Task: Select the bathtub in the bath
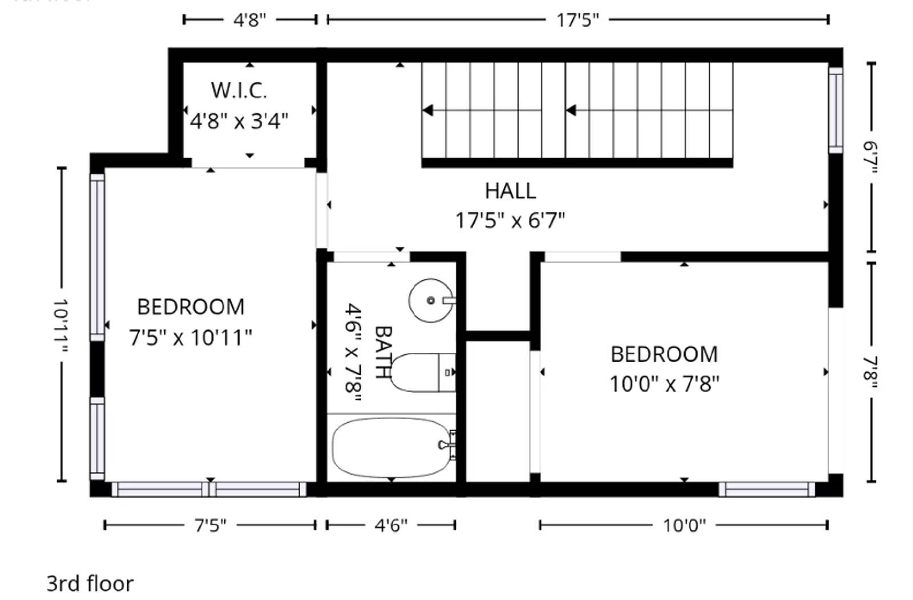click(391, 448)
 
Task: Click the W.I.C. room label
click(239, 90)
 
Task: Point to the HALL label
click(510, 190)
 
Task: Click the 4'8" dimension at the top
click(249, 20)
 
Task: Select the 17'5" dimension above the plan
click(577, 20)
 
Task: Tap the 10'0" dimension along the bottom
click(684, 525)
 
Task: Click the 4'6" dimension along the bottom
click(390, 525)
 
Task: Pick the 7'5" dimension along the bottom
click(210, 525)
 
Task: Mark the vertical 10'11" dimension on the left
click(61, 325)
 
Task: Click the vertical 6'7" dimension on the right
click(871, 157)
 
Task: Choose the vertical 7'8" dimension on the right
click(871, 372)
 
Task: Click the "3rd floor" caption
click(90, 583)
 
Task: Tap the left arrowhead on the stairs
click(428, 110)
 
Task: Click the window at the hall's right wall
click(835, 110)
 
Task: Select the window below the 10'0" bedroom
click(766, 489)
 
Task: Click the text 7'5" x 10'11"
click(190, 338)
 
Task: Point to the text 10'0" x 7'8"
click(664, 384)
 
